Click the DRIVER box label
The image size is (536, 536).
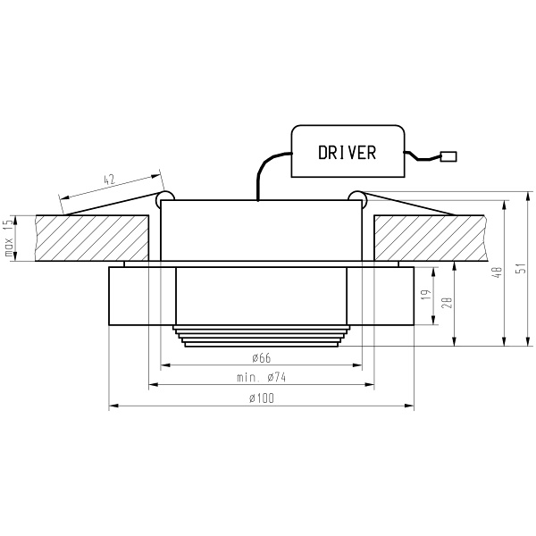pos(348,153)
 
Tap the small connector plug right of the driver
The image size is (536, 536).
pos(448,157)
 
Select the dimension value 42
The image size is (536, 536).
pos(110,180)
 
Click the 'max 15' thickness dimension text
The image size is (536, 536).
pos(9,239)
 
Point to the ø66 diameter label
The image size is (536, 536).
pos(261,357)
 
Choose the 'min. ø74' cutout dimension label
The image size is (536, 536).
pos(261,378)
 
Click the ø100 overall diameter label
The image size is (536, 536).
pos(261,398)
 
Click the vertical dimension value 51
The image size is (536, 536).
pos(521,268)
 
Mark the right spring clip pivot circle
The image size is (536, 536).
pos(356,196)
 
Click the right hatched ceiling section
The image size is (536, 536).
pos(429,237)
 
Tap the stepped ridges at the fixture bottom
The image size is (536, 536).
pos(261,337)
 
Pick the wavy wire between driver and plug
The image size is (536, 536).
pos(423,158)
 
